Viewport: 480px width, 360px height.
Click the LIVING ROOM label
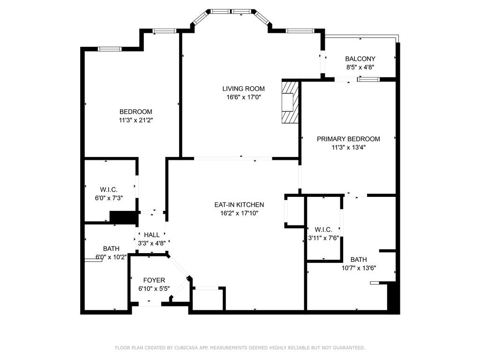coord(243,89)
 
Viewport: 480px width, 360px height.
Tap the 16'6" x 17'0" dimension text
coord(243,97)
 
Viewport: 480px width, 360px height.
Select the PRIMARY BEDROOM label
coord(348,139)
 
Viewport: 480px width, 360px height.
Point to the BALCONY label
coord(360,59)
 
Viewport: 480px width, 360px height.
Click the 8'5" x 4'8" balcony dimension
coord(360,67)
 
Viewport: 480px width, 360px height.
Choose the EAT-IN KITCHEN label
coord(239,205)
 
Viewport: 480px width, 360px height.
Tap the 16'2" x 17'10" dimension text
coord(239,213)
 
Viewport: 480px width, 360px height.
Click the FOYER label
coord(154,280)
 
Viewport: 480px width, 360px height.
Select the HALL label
coord(152,235)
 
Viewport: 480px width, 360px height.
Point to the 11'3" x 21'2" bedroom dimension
coord(136,120)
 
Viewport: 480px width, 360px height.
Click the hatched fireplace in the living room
coord(290,102)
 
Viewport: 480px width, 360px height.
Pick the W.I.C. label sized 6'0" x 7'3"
coord(109,190)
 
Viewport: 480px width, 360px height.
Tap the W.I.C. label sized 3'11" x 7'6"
coord(323,230)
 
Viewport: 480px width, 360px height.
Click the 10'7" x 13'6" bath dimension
coord(359,268)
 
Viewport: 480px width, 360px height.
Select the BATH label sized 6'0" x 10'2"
coord(111,248)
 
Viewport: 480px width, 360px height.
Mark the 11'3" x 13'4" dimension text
coord(348,148)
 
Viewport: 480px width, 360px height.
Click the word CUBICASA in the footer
coord(186,348)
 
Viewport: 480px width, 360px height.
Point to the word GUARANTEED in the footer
coord(348,348)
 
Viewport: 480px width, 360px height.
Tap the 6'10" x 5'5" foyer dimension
coord(154,289)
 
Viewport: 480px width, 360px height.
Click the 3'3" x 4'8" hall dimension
coord(152,243)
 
